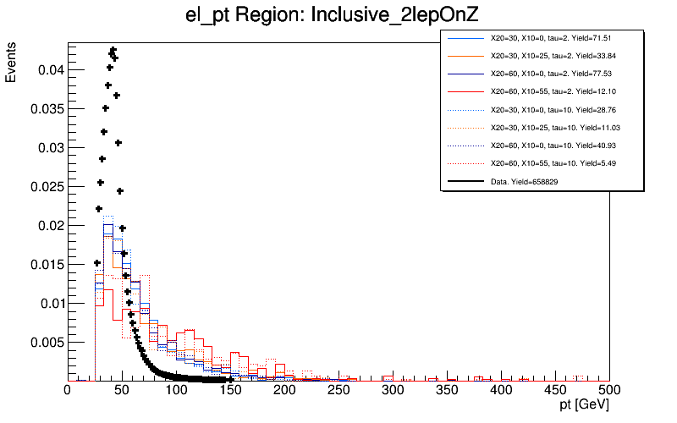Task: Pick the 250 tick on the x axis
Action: pyautogui.click(x=338, y=390)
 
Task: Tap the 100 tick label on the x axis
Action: pyautogui.click(x=176, y=390)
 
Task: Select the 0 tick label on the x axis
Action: pyautogui.click(x=68, y=390)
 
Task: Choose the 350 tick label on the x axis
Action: pyautogui.click(x=447, y=390)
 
